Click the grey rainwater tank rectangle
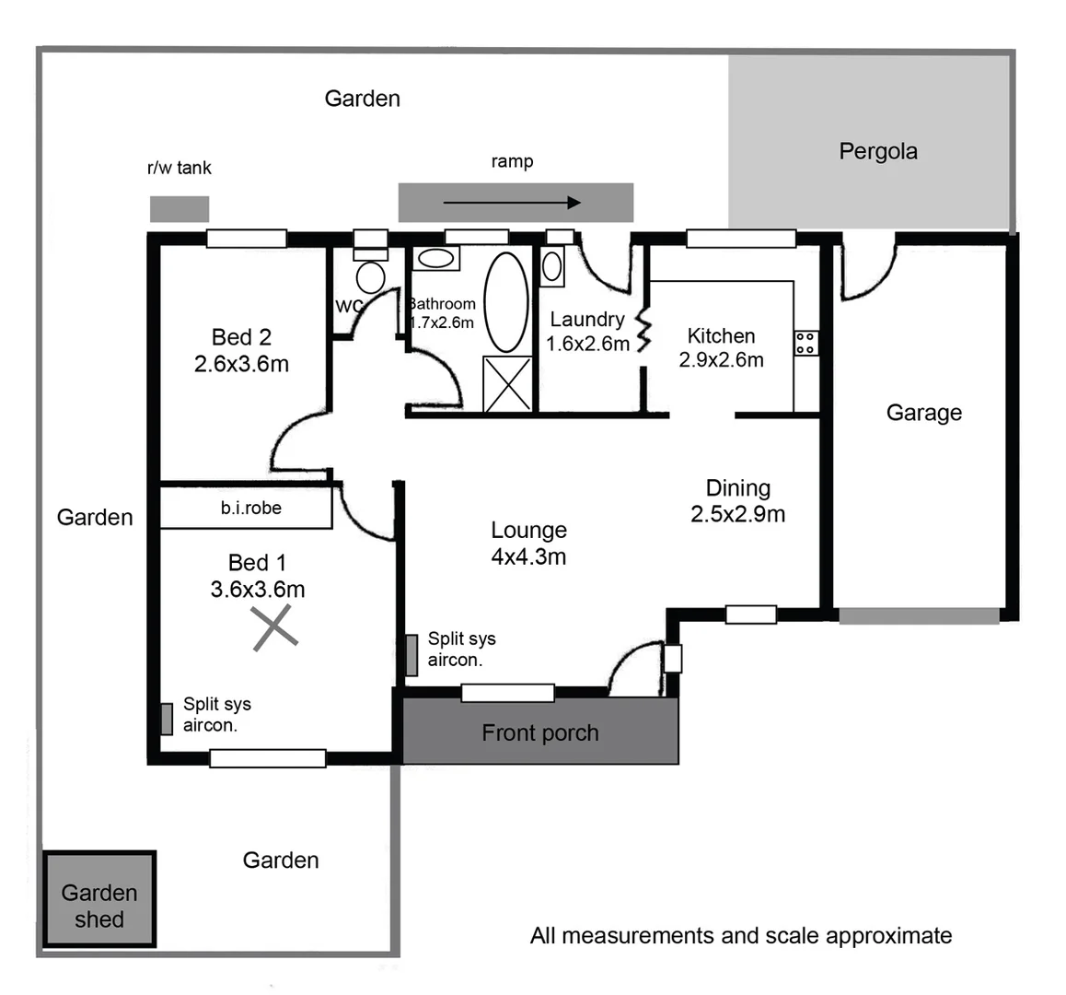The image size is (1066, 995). [x=180, y=209]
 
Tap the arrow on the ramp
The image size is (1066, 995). [x=512, y=203]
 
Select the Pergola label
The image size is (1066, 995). [x=877, y=151]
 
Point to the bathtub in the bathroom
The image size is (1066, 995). [x=506, y=301]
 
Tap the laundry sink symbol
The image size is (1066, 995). [x=552, y=266]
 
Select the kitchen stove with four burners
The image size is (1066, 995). [x=805, y=344]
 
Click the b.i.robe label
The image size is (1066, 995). [x=250, y=508]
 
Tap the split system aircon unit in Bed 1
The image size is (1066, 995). [x=167, y=719]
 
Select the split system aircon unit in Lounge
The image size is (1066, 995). [x=412, y=654]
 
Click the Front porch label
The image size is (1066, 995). [x=540, y=732]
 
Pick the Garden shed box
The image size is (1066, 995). [x=99, y=899]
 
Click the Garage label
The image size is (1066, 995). [x=923, y=413]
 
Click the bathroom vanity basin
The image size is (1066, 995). [x=435, y=258]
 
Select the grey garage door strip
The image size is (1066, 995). [x=919, y=616]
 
